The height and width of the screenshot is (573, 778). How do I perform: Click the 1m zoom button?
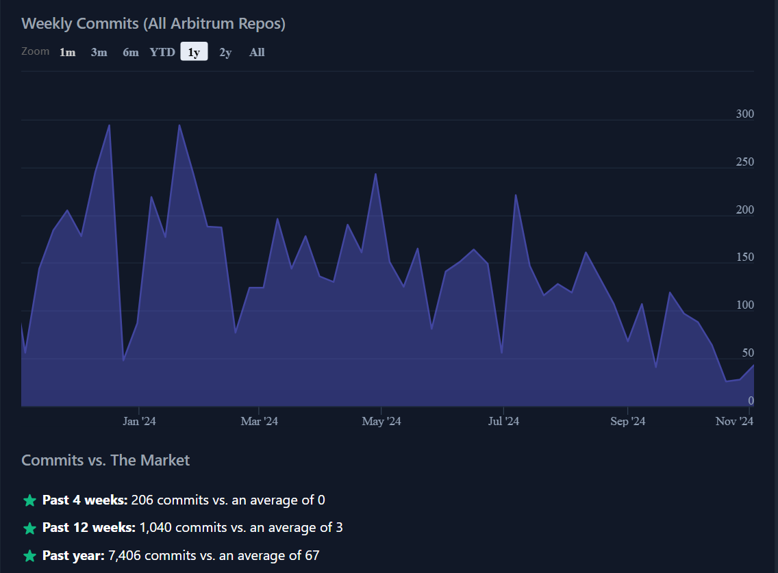67,52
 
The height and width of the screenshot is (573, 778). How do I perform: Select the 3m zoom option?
99,52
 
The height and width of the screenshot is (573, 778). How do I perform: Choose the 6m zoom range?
130,52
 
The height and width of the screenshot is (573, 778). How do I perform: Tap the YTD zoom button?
162,52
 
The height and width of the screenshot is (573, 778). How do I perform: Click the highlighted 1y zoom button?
194,52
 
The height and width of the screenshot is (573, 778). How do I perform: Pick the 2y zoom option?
225,52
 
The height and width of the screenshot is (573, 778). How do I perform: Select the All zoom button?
257,52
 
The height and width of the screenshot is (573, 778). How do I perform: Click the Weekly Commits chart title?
153,23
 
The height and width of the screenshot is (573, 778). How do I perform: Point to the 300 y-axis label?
744,114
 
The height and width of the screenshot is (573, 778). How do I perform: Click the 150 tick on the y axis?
744,257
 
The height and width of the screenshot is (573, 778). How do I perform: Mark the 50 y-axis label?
748,353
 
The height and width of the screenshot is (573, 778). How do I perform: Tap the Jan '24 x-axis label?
139,421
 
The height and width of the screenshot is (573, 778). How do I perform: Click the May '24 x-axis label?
381,421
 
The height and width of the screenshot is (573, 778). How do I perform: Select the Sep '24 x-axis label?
627,421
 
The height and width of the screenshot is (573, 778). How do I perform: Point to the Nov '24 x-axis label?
734,421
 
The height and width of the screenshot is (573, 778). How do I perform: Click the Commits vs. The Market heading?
105,460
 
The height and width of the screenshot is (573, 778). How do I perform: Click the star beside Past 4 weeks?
29,500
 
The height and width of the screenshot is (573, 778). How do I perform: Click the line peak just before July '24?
473,249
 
